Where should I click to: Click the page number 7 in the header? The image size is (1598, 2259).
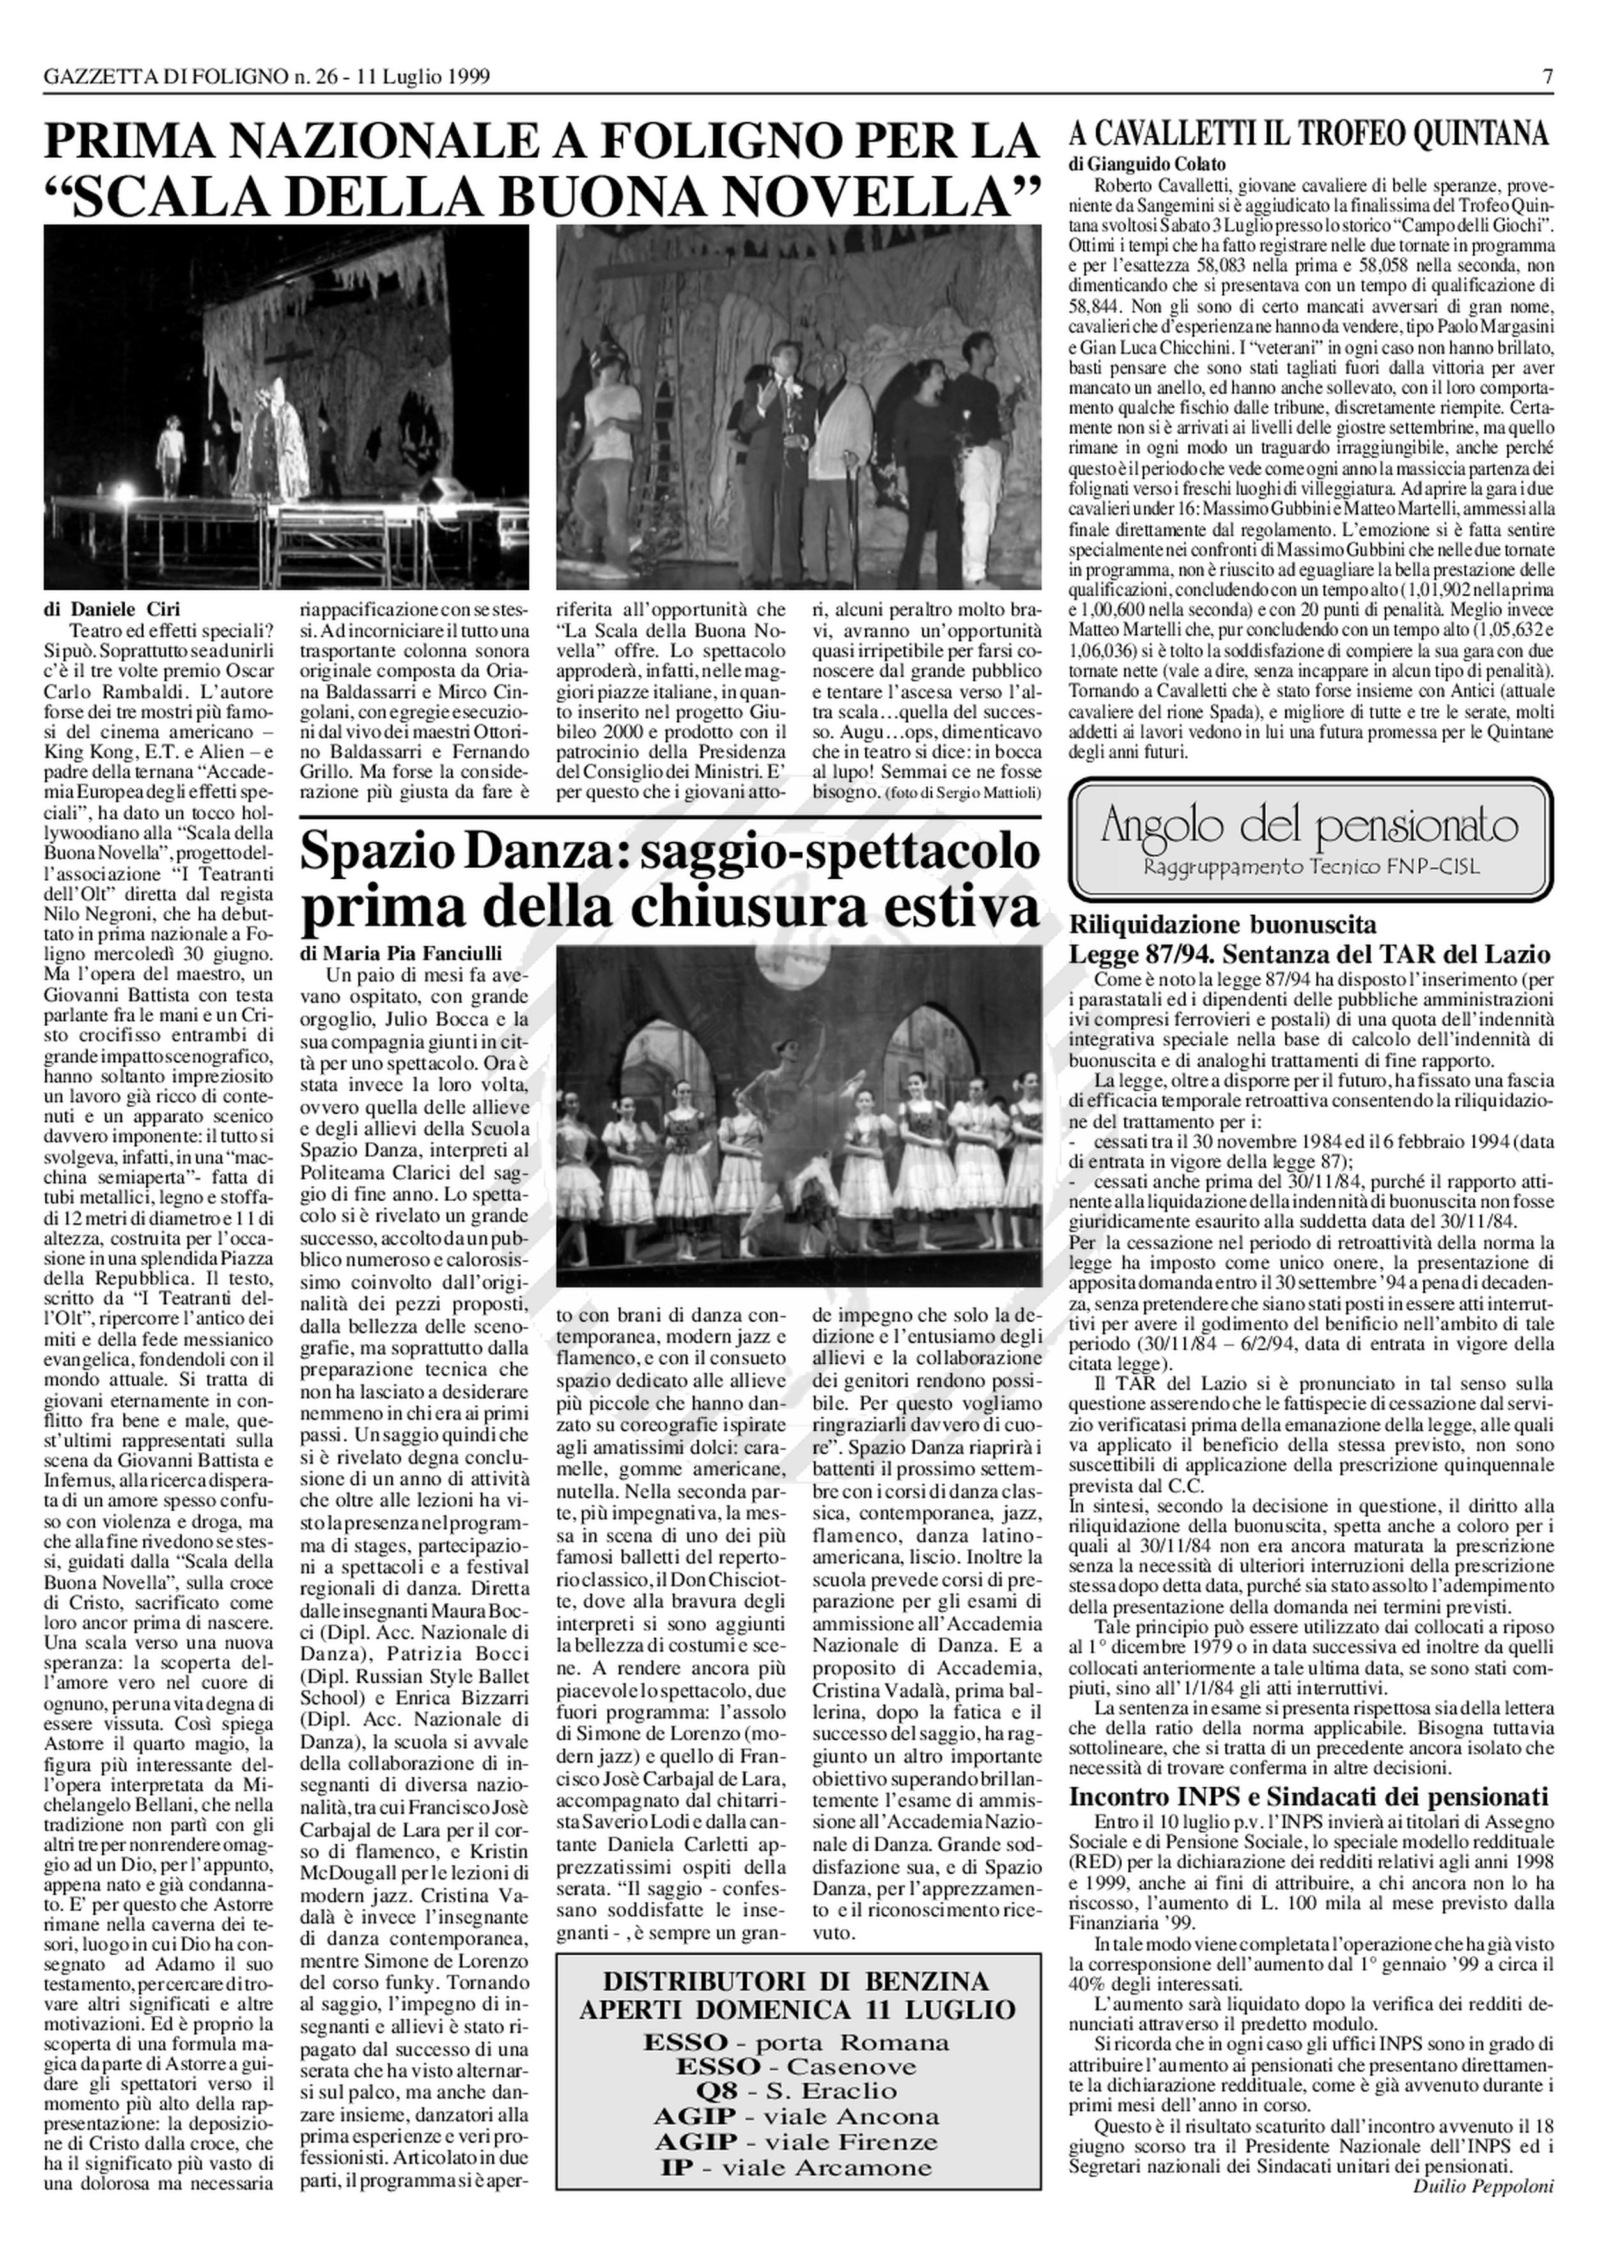point(1548,76)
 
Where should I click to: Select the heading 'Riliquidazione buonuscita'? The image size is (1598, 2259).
point(1222,925)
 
